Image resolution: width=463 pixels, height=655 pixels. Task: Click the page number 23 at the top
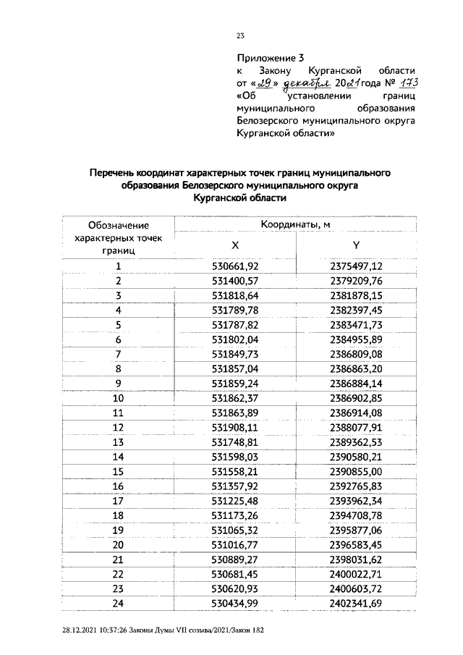[x=241, y=34]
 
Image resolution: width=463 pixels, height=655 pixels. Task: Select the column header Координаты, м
[x=296, y=225]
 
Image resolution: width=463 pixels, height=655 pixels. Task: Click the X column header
[x=235, y=245]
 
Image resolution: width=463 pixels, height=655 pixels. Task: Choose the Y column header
[x=356, y=245]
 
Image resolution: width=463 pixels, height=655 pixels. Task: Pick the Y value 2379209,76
[x=355, y=280]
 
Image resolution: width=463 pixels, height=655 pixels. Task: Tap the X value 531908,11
[x=234, y=426]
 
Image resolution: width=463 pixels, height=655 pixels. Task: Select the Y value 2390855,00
[x=355, y=470]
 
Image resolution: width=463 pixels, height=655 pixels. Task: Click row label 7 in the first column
[x=117, y=353]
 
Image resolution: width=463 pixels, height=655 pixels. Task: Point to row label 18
[x=117, y=514]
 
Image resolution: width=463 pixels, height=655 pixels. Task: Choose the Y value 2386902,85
[x=355, y=397]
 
